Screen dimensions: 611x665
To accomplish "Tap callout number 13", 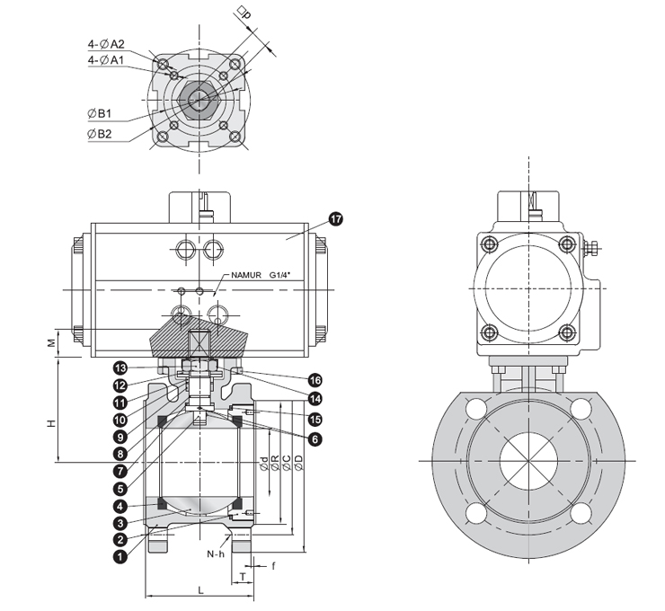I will click(x=120, y=367).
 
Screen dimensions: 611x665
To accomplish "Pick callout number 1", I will click(x=120, y=556).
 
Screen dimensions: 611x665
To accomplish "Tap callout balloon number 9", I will click(x=120, y=436).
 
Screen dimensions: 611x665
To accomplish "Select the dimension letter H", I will click(x=52, y=421).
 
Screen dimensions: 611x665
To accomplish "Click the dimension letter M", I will click(x=52, y=342).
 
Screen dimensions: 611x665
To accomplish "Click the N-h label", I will click(x=216, y=554).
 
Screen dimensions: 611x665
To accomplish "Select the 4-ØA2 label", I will click(x=106, y=43).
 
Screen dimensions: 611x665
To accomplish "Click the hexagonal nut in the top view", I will click(x=198, y=98).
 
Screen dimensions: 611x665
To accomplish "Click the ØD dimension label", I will click(x=297, y=462).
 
